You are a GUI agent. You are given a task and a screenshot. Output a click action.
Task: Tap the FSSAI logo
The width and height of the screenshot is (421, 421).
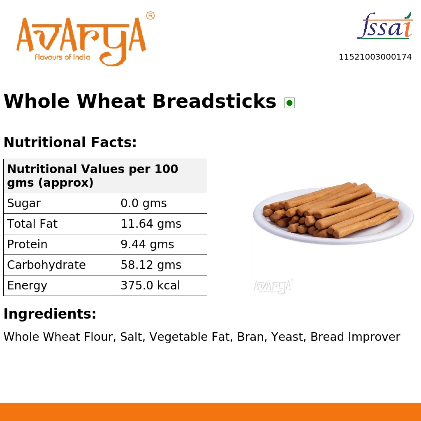385,27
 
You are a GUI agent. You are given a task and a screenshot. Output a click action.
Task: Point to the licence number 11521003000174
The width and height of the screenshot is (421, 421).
375,57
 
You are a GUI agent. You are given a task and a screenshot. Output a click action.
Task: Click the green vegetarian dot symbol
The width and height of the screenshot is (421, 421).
289,103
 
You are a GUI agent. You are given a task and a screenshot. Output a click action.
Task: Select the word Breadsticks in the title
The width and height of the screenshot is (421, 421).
214,102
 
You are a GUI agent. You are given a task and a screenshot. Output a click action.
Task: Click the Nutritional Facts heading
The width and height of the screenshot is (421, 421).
70,143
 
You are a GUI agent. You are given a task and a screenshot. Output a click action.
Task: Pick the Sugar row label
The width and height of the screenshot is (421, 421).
24,204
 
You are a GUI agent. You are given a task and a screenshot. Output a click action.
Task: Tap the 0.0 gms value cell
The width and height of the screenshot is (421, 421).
143,204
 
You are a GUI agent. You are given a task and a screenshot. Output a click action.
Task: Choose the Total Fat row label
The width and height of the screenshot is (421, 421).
32,224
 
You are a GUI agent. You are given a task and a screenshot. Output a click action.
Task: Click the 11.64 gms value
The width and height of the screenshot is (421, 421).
151,224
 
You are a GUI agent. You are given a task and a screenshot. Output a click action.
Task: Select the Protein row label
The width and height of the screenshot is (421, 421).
27,245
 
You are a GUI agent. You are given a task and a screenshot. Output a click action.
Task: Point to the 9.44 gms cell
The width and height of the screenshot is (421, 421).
147,245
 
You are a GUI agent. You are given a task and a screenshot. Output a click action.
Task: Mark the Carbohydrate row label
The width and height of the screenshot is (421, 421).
46,265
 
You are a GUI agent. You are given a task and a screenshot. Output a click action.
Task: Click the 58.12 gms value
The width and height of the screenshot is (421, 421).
151,265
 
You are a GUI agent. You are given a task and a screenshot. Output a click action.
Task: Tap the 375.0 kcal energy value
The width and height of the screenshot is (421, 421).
150,286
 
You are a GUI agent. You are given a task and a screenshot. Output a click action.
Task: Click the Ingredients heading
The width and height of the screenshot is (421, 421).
50,314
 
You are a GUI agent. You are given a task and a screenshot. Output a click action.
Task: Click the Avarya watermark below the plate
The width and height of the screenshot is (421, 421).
273,286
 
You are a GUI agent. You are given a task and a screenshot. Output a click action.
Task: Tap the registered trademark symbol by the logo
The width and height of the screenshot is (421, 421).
150,16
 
